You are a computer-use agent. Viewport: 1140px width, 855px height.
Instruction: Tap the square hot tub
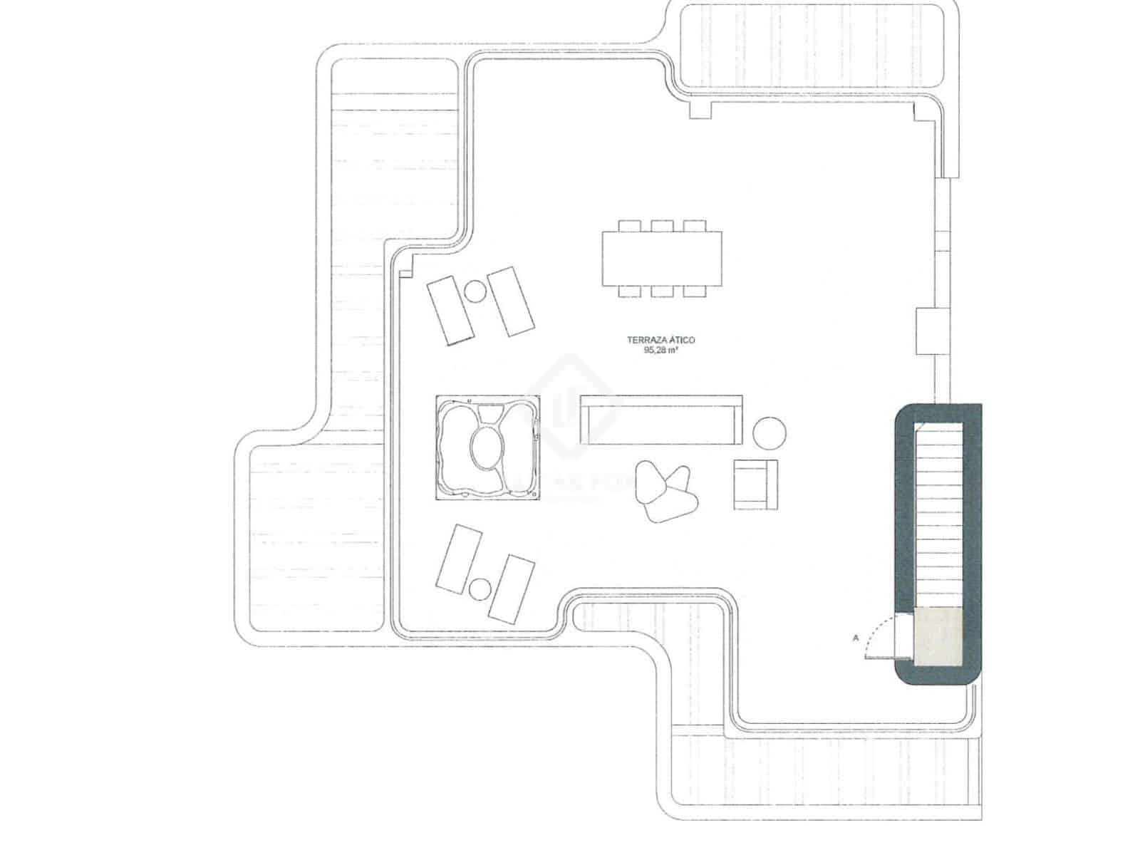(x=487, y=447)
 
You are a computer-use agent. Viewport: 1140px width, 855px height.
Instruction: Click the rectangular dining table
(x=661, y=258)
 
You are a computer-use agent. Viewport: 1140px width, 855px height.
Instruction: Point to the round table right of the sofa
(x=769, y=432)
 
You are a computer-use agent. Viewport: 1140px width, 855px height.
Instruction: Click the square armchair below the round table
(x=755, y=484)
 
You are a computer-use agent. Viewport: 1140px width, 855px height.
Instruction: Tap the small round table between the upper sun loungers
(x=474, y=290)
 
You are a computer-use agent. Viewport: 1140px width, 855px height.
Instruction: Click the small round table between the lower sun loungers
(x=481, y=589)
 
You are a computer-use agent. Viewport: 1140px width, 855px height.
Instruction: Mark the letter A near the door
(x=855, y=638)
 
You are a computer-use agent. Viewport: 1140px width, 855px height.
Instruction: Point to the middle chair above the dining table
(x=661, y=225)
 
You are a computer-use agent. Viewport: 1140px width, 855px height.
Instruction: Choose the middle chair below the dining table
(x=661, y=291)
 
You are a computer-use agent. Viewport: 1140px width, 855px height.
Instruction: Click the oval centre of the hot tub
(x=487, y=447)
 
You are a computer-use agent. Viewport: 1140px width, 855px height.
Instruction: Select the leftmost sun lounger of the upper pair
(x=450, y=311)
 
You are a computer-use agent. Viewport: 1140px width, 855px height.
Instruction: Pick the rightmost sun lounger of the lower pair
(x=511, y=589)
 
